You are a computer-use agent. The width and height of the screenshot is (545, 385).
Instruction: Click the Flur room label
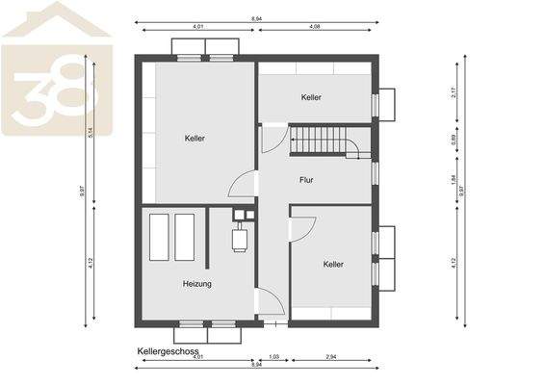point(306,179)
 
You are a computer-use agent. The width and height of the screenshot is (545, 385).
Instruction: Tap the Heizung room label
point(197,284)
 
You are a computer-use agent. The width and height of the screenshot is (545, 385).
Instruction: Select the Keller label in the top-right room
point(310,97)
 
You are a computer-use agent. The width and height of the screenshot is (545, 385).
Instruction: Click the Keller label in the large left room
point(195,139)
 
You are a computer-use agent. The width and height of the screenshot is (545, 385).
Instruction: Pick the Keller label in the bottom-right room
point(333,264)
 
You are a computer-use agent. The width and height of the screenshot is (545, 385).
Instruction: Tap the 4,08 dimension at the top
point(315,27)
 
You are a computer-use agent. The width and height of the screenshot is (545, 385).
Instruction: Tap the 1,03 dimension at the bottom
point(273,357)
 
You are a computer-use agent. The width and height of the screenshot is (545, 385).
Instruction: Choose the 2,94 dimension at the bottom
point(332,357)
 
